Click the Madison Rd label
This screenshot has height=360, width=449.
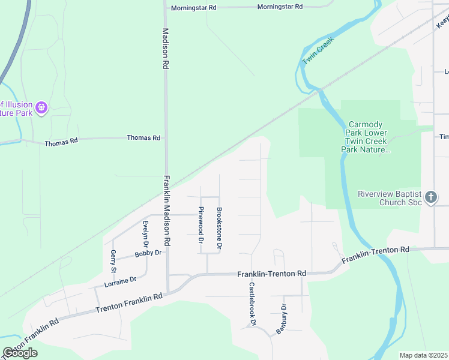click(165, 49)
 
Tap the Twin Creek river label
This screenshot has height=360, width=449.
click(317, 50)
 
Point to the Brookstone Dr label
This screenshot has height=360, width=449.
click(220, 229)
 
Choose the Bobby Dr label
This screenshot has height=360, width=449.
click(148, 253)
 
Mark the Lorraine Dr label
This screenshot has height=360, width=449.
click(120, 280)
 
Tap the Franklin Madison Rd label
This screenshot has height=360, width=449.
click(168, 210)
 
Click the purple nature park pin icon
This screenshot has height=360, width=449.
click(41, 108)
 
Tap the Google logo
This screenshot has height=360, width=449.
click(20, 353)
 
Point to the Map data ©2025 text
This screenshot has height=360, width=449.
click(423, 355)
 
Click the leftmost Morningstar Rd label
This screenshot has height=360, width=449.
click(193, 8)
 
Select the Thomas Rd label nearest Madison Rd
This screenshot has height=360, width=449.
click(143, 138)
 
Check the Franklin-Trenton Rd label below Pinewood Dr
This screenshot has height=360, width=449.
click(271, 274)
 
